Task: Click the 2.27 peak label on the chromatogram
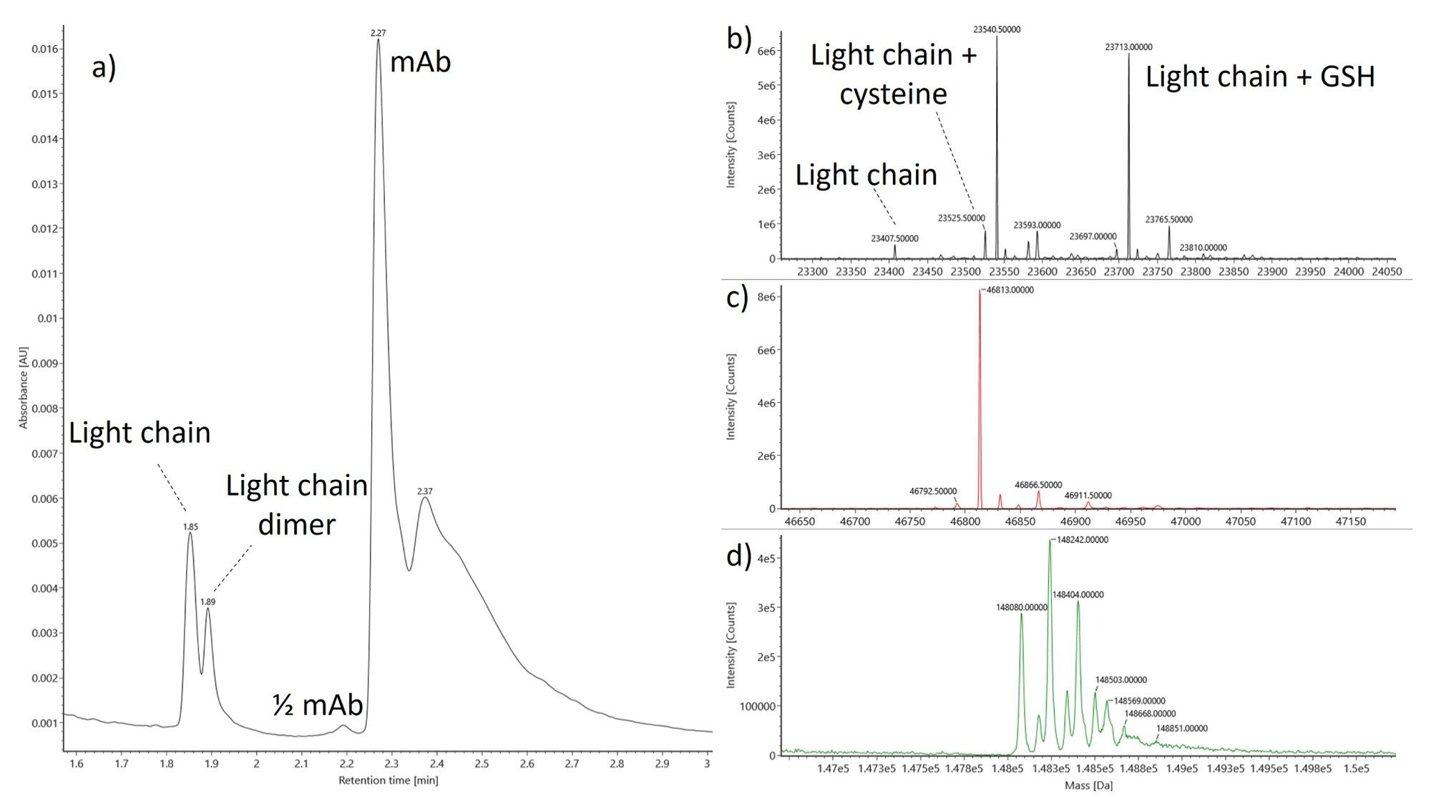click(x=378, y=33)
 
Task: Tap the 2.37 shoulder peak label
click(x=425, y=491)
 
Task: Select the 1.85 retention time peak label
click(x=190, y=526)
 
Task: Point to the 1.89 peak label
click(x=207, y=602)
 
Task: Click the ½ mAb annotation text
click(x=318, y=705)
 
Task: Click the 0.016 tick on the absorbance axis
click(x=45, y=49)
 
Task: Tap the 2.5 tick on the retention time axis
click(x=482, y=764)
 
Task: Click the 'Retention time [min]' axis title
click(x=388, y=780)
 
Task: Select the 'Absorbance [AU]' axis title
click(x=23, y=388)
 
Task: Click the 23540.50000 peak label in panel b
click(x=997, y=30)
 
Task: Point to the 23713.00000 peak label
click(x=1128, y=47)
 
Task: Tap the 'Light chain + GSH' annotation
click(x=1260, y=77)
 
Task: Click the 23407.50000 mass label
click(x=894, y=238)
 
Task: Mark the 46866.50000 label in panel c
click(x=1038, y=485)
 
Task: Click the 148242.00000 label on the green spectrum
click(x=1083, y=540)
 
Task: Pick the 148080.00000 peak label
click(x=1021, y=607)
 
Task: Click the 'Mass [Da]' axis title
click(x=1088, y=785)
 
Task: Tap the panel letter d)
click(x=737, y=556)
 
